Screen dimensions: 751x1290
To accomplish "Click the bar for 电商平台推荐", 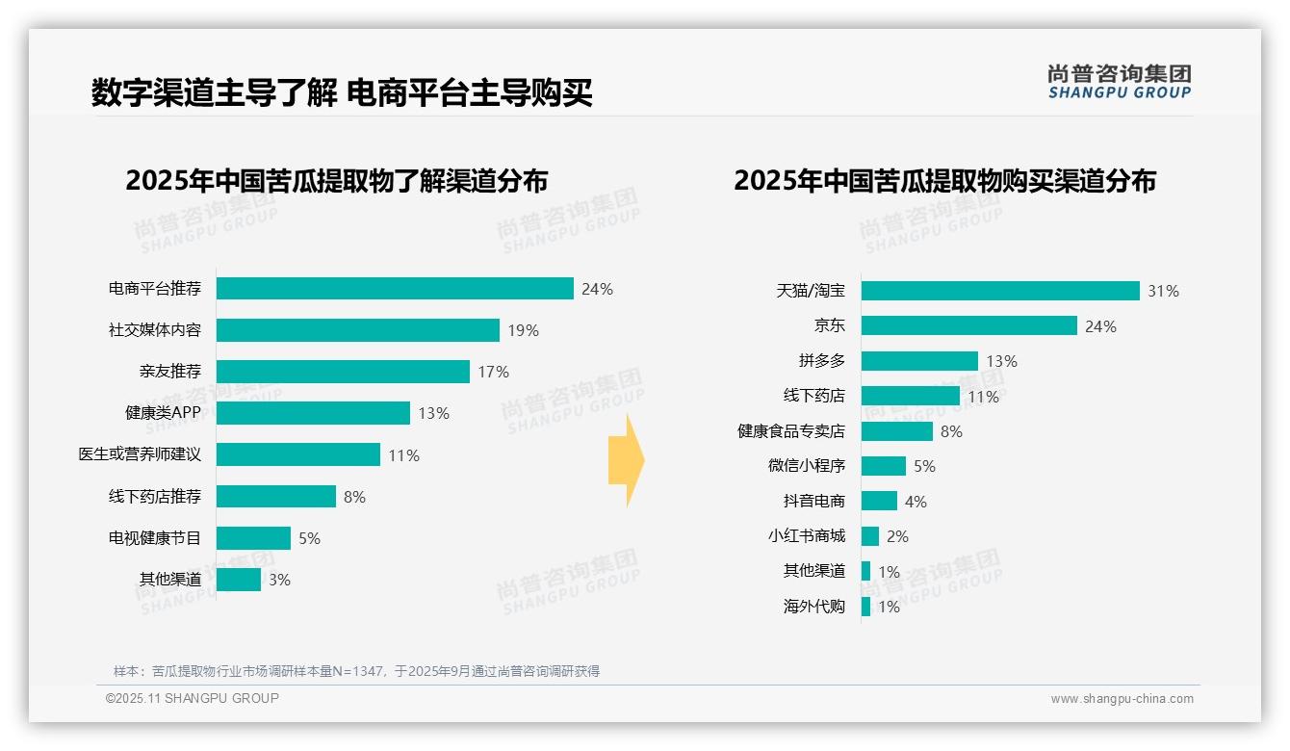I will pos(395,289).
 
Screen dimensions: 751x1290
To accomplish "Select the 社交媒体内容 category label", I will pos(155,330).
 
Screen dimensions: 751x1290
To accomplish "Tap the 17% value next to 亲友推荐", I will pos(494,372).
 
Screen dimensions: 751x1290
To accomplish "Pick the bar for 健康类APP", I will pos(313,413).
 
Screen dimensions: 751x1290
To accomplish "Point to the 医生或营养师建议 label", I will pos(141,454).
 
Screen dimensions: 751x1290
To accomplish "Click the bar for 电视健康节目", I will pos(253,538).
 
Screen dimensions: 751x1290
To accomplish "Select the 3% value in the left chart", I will pos(279,580).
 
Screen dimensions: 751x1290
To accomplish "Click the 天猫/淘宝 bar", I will pos(1000,291).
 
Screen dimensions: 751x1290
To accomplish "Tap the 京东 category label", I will pos(829,326).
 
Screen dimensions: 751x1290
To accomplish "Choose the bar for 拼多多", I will pos(919,361).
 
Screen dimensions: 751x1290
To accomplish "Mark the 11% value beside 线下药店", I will pos(984,397).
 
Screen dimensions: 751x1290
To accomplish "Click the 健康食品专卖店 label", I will pos(791,431).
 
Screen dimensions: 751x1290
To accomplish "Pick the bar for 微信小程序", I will pos(884,466).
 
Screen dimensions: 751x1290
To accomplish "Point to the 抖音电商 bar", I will pos(879,502).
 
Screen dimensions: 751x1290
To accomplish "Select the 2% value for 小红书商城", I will pos(897,536).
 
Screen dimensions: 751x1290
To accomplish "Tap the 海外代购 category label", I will pos(814,607).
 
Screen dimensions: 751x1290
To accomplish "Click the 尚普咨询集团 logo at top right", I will pos(1120,81).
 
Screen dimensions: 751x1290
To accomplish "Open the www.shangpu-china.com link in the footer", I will pos(1122,699).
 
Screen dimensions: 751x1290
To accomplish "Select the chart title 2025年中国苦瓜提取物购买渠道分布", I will pos(944,181).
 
